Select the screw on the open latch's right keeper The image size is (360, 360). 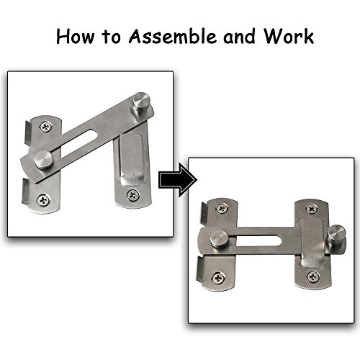[x=132, y=194]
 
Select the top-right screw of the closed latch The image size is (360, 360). [x=311, y=209]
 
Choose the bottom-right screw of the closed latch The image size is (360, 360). [x=311, y=276]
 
